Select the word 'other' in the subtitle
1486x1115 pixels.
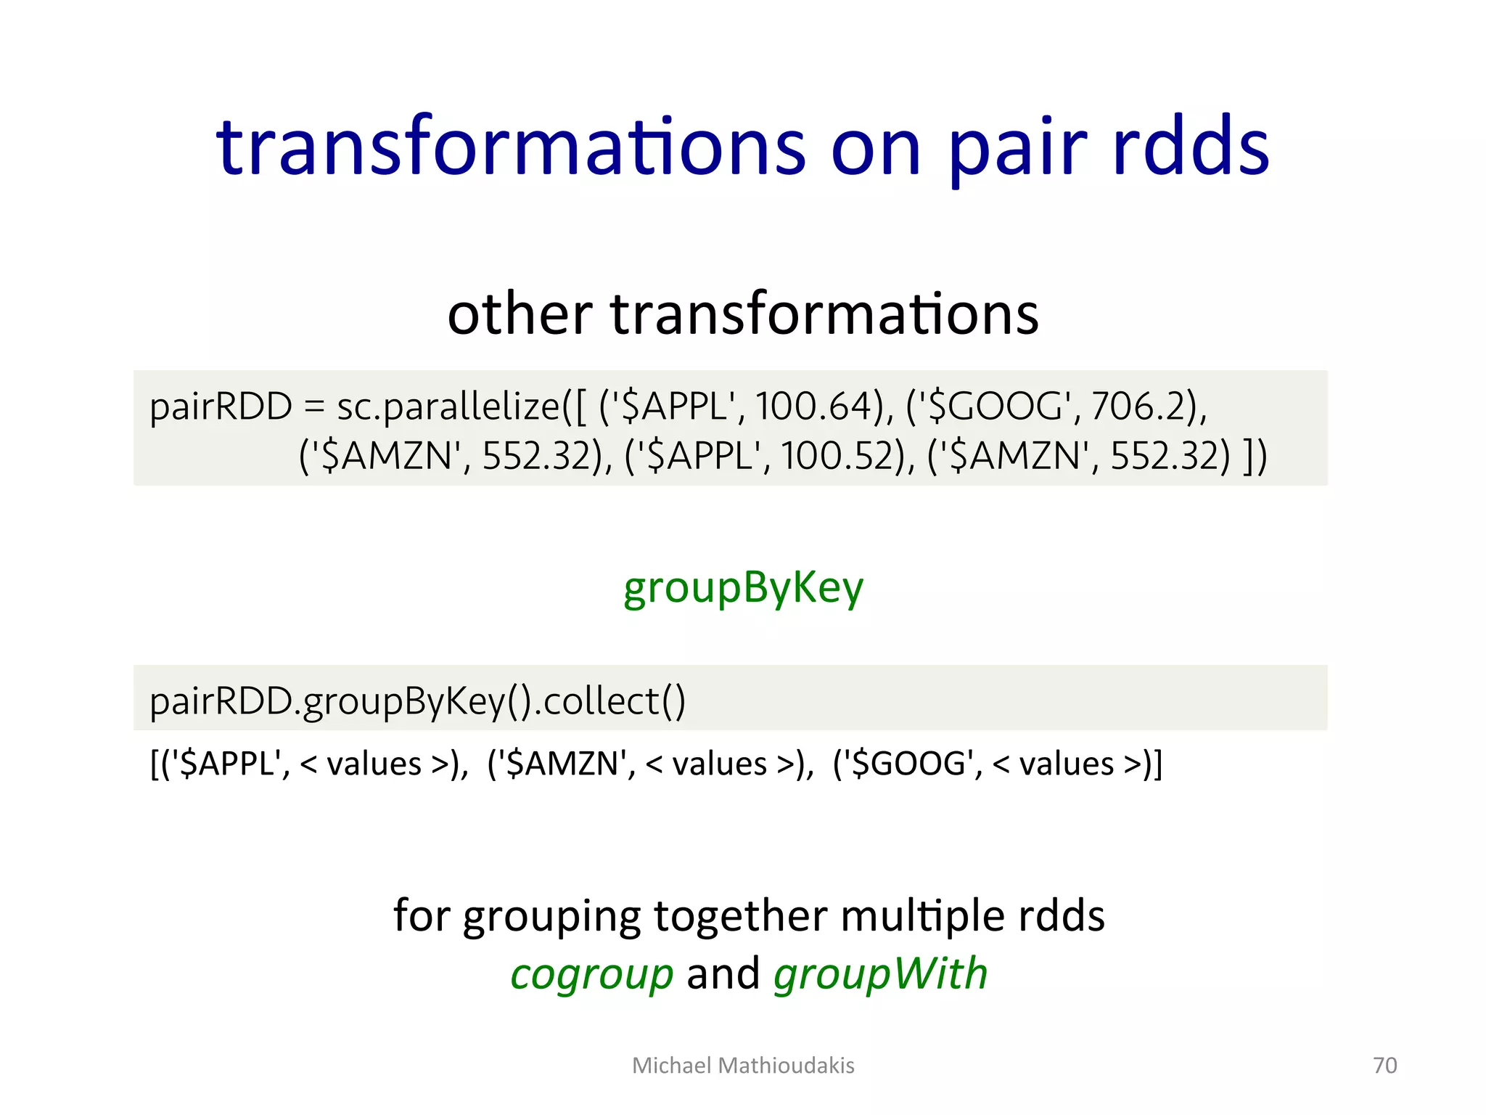[x=520, y=314]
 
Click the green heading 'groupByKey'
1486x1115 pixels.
[x=743, y=588]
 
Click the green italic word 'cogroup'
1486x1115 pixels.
[x=591, y=975]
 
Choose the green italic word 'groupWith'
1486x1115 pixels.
[x=880, y=975]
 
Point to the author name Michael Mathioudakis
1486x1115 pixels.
[x=743, y=1065]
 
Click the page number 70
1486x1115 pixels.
[x=1384, y=1065]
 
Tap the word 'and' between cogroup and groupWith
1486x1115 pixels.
[x=723, y=975]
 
